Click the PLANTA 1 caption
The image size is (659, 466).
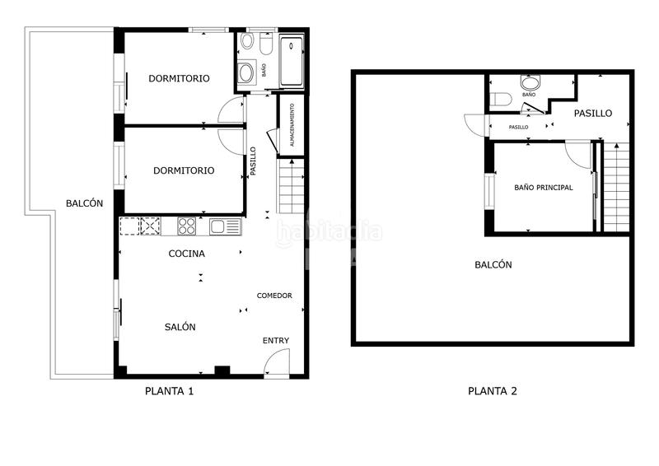click(x=169, y=391)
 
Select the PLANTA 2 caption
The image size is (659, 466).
click(x=493, y=391)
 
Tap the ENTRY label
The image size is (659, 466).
click(x=276, y=341)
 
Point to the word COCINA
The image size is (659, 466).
click(x=187, y=254)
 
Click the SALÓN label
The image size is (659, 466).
click(x=180, y=327)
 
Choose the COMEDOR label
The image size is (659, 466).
click(x=274, y=296)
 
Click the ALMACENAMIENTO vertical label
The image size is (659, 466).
click(x=292, y=124)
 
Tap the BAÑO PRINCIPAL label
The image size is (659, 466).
click(x=544, y=188)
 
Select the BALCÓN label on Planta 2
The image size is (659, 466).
click(x=493, y=265)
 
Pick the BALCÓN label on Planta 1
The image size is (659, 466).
click(x=85, y=203)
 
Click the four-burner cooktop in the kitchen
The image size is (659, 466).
click(x=187, y=226)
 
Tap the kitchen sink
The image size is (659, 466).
click(x=224, y=226)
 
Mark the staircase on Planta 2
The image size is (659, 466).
click(x=616, y=186)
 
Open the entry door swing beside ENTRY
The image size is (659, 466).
click(x=277, y=363)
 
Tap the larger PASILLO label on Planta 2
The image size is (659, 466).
click(x=593, y=114)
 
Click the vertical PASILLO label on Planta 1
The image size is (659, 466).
click(x=254, y=161)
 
